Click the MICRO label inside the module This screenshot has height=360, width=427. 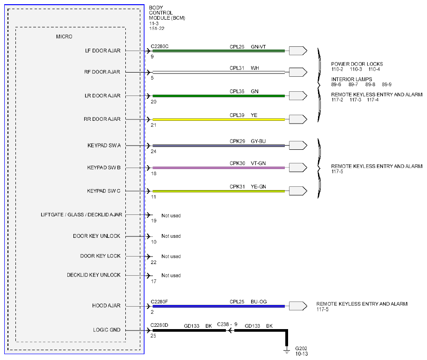tap(64, 37)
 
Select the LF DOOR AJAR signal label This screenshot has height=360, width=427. tap(103, 51)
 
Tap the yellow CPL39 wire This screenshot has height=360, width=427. tap(219, 119)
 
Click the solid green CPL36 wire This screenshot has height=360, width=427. tap(219, 96)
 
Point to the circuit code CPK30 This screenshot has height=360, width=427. tap(237, 163)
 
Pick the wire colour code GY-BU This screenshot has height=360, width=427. tap(258, 141)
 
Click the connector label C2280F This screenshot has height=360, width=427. tap(159, 301)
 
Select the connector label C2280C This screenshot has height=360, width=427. tap(159, 46)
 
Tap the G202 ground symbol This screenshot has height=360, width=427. tap(287, 350)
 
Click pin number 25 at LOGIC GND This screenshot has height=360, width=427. tap(153, 336)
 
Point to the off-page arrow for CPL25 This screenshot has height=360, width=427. tap(298, 306)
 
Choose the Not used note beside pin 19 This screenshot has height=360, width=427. tap(171, 215)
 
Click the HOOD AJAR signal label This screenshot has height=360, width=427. tap(106, 306)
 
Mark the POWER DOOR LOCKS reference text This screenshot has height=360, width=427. tap(357, 64)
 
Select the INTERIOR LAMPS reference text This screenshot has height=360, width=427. tap(352, 79)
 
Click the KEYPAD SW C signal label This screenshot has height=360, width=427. tap(103, 191)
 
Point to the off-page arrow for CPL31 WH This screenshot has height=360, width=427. tap(298, 72)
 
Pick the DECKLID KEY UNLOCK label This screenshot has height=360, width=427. tap(94, 275)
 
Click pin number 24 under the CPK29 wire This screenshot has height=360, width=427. tap(153, 151)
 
